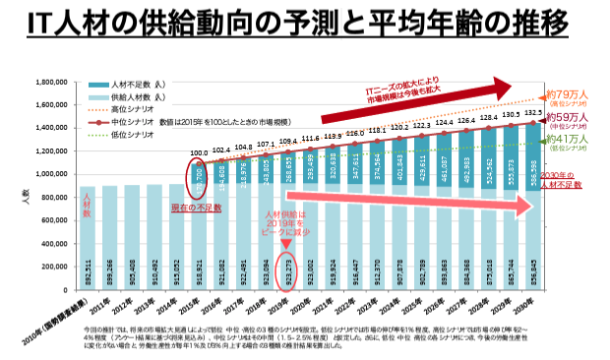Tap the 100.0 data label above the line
(x=199, y=153)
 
